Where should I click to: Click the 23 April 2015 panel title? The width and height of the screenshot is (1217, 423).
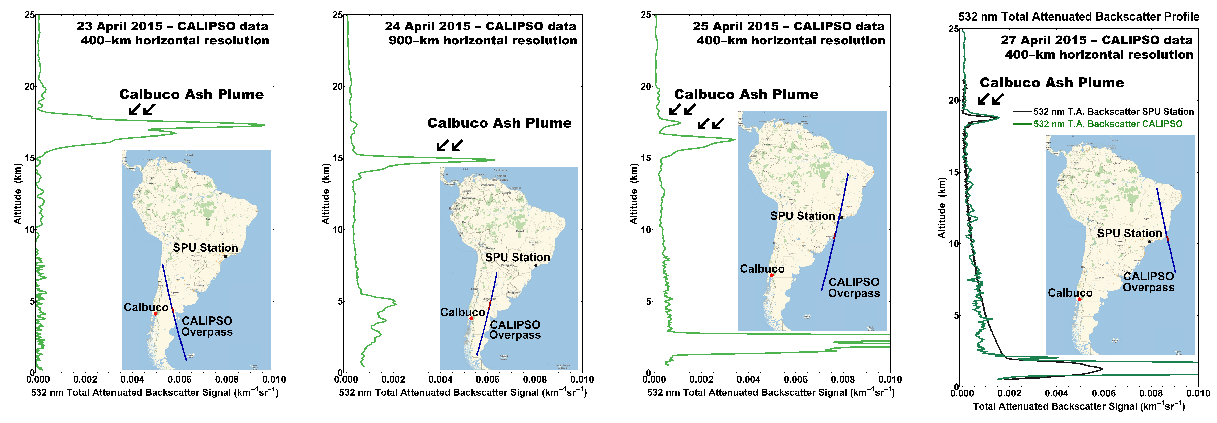click(172, 26)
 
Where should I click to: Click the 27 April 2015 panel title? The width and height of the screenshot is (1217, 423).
click(1096, 40)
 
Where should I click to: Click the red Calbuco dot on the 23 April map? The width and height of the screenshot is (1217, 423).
click(156, 314)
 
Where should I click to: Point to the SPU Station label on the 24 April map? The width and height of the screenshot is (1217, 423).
click(517, 258)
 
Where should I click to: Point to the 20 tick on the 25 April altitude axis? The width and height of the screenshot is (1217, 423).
click(645, 87)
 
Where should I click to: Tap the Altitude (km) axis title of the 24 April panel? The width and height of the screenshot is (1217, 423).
click(325, 194)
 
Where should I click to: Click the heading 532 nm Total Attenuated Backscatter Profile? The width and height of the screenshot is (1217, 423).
click(1079, 17)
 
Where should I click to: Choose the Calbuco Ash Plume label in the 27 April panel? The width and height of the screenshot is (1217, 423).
click(1052, 83)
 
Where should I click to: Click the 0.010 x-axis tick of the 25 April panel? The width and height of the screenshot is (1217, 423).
click(890, 379)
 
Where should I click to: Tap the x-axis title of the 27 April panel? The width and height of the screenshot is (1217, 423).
click(1079, 406)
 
